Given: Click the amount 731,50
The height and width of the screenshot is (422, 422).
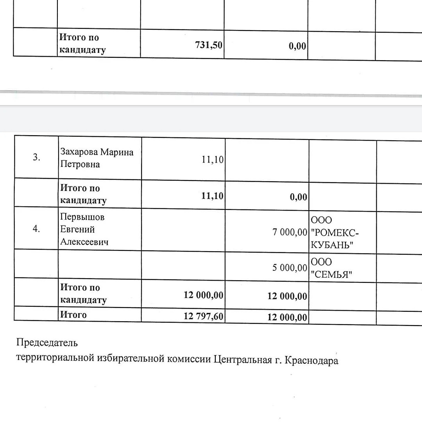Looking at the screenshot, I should tap(209, 45).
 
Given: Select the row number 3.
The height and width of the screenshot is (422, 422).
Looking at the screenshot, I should tap(36, 157).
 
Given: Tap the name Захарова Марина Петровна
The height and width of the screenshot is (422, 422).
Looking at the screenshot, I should tap(97, 158).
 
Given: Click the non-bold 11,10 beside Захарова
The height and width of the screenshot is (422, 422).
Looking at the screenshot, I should tap(213, 159).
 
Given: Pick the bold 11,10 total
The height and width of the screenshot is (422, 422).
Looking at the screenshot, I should tap(212, 196).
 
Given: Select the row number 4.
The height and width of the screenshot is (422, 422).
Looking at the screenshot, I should tap(36, 229).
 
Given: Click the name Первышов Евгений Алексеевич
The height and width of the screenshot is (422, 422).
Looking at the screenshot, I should tap(84, 229).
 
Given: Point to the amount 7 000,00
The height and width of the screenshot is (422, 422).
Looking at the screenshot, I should tap(290, 232).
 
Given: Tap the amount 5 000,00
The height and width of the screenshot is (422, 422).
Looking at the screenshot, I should tap(290, 268).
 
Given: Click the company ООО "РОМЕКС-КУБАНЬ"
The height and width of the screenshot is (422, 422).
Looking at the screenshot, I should tap(334, 233).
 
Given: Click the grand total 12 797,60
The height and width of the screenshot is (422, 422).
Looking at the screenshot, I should tap(204, 316).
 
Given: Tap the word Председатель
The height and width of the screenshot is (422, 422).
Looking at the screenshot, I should tap(47, 343).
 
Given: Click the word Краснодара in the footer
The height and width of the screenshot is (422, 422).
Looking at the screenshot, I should tap(311, 360).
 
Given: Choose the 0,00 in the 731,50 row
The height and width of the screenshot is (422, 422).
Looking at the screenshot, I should tap(298, 46).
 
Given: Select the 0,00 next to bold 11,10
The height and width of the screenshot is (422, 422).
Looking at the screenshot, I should tap(299, 197).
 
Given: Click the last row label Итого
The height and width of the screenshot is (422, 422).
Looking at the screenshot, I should tap(73, 315).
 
